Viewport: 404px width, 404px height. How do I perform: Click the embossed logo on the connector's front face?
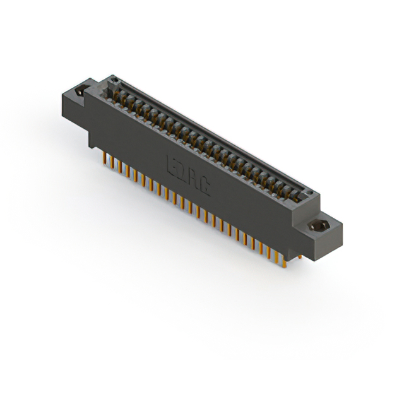(187, 174)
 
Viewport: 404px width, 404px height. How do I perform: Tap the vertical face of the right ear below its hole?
(316, 243)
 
